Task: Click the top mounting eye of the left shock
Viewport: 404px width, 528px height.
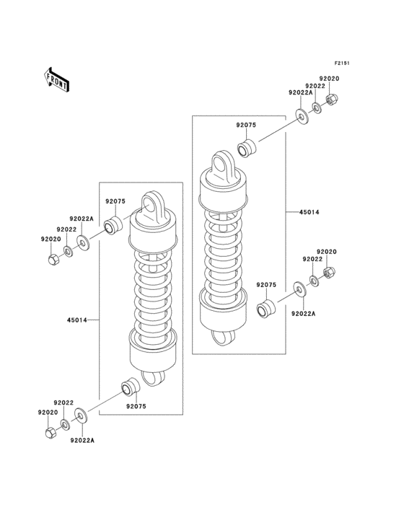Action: click(154, 205)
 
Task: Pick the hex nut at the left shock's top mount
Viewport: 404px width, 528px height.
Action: click(53, 258)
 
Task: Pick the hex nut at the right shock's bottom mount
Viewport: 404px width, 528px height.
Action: click(326, 273)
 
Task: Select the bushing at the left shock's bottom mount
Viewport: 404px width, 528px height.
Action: click(128, 388)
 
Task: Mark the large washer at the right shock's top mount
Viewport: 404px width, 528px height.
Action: click(302, 116)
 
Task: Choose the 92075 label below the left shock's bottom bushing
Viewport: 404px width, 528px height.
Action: click(136, 407)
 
